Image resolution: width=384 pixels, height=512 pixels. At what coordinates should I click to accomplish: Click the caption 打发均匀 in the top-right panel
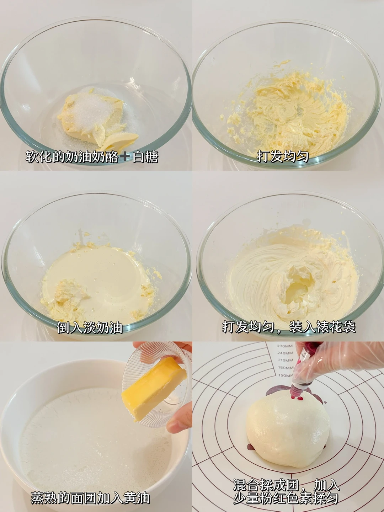tap(283, 156)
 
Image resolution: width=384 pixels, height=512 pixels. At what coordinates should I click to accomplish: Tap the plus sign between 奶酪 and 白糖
tap(125, 156)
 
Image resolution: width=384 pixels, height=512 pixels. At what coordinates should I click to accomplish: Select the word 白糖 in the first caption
tap(145, 156)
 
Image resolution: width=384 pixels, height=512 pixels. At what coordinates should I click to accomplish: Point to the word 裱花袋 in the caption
tap(336, 327)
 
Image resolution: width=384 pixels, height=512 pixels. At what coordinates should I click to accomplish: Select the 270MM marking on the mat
tap(285, 346)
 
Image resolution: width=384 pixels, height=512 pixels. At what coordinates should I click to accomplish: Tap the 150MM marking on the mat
tap(286, 375)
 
